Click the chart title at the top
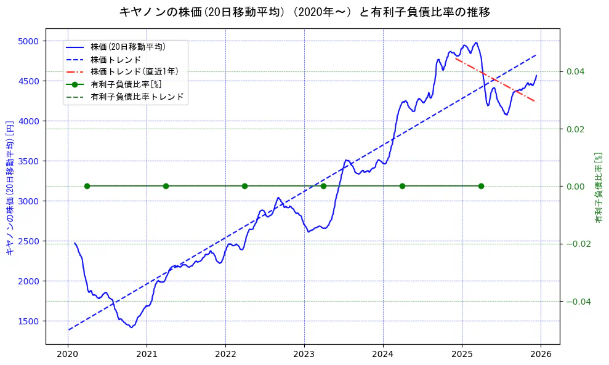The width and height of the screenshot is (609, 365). (304, 12)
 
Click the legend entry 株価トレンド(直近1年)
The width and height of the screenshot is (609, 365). (134, 71)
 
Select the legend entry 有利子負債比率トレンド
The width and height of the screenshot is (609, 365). (137, 97)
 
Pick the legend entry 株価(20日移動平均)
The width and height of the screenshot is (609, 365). (127, 46)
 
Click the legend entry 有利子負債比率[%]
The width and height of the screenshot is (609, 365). (126, 84)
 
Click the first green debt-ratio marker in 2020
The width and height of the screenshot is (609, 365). (87, 186)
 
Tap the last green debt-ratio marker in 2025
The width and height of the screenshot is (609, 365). (481, 186)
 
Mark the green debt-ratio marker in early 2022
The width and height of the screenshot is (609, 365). (244, 186)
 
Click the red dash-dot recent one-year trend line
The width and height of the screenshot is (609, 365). (496, 79)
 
